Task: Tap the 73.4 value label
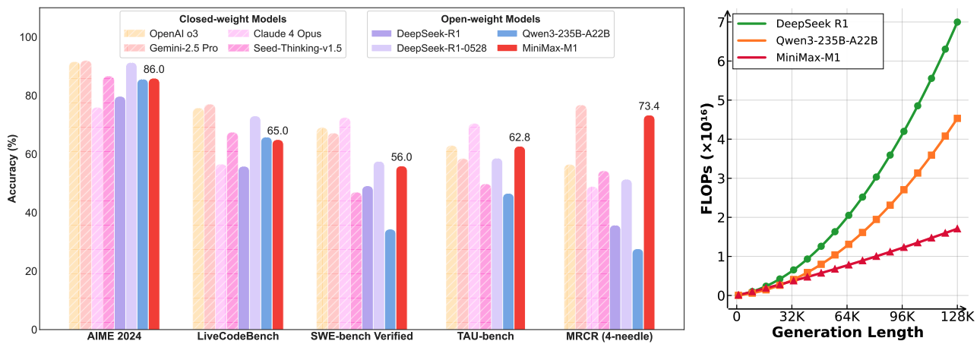point(650,106)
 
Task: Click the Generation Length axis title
point(847,332)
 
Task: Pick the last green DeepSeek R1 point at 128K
point(957,22)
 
